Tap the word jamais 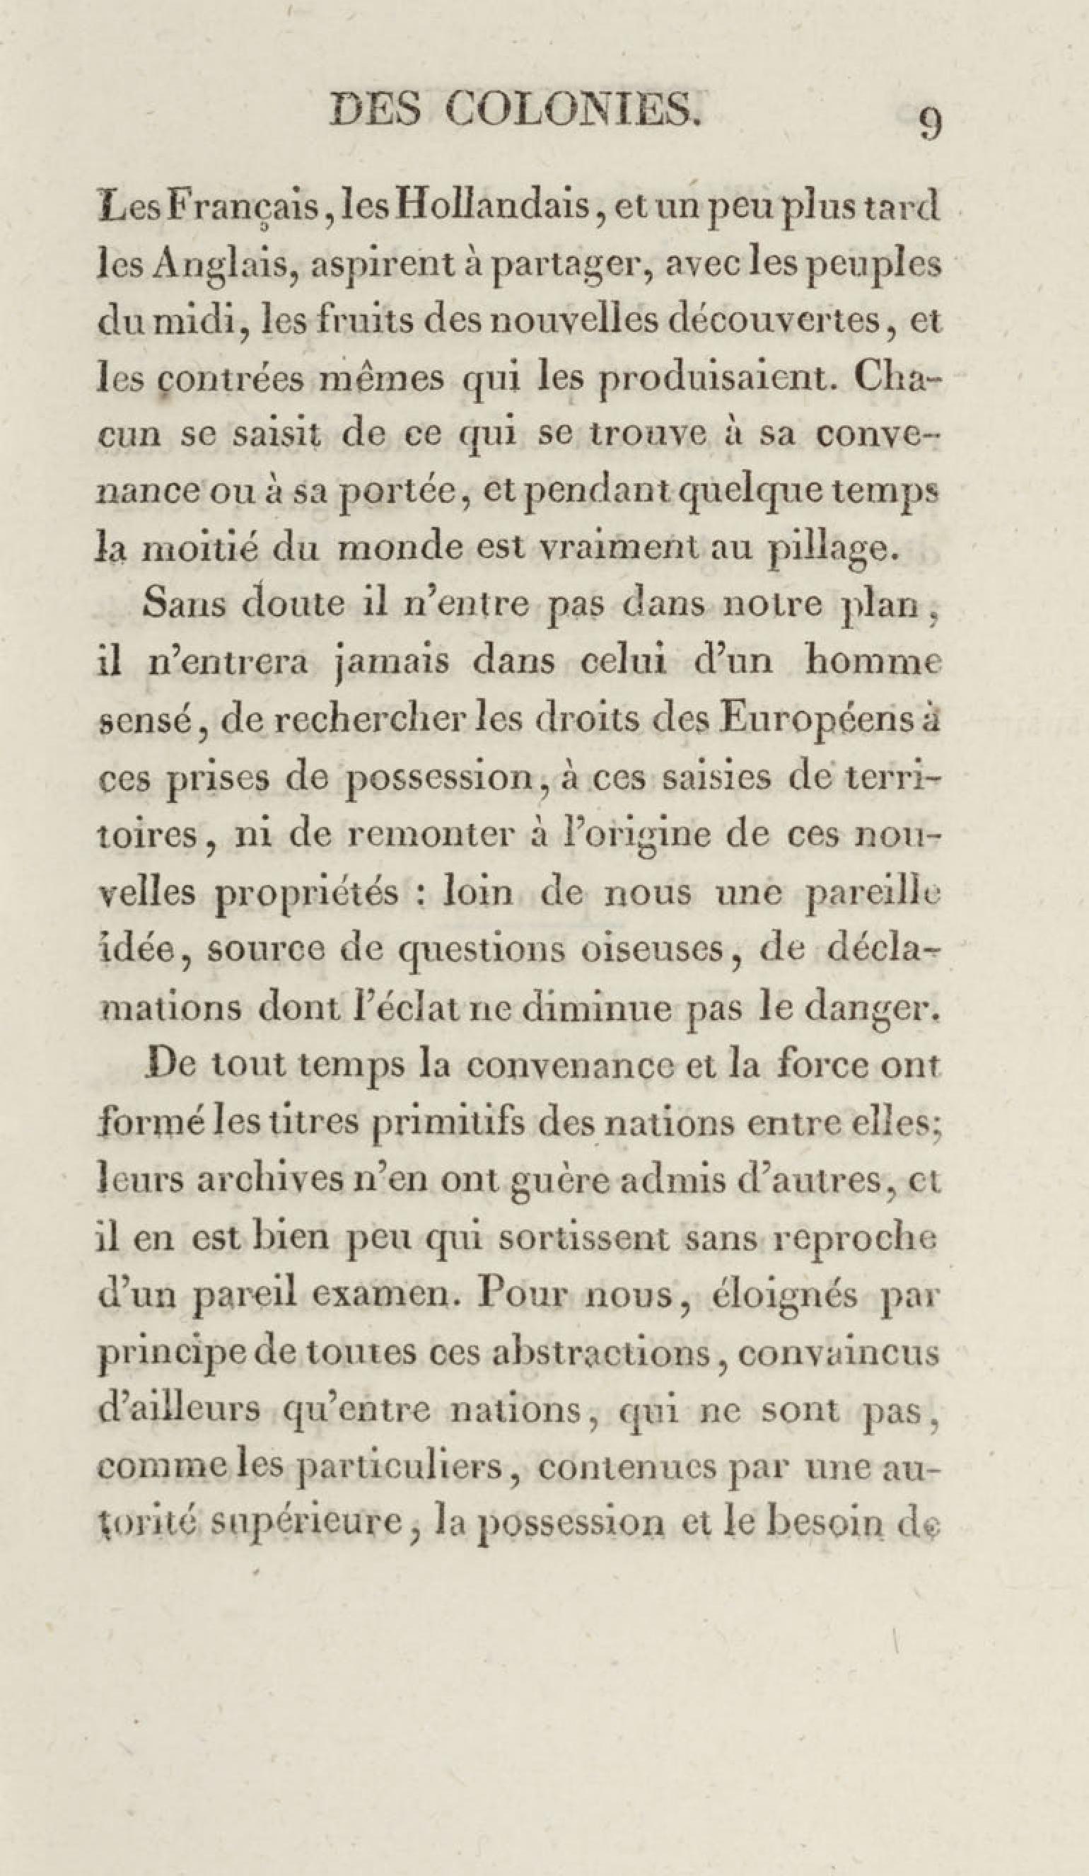(x=392, y=662)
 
